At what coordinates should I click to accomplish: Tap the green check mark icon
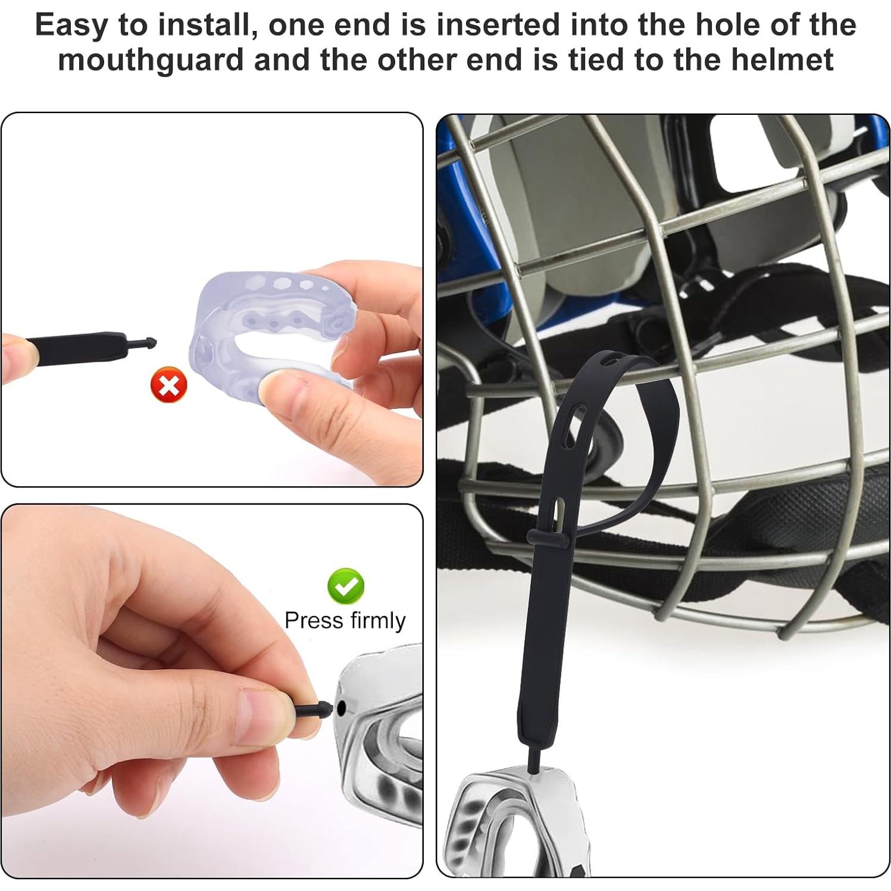(x=346, y=586)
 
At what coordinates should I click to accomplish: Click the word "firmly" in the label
(x=378, y=621)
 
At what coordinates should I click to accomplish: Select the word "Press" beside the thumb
(x=314, y=621)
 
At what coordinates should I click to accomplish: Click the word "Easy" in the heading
(x=71, y=25)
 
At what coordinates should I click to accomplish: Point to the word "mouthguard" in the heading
(x=151, y=60)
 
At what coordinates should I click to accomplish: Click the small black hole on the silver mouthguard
(x=341, y=708)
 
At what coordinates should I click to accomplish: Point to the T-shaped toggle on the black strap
(x=548, y=538)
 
